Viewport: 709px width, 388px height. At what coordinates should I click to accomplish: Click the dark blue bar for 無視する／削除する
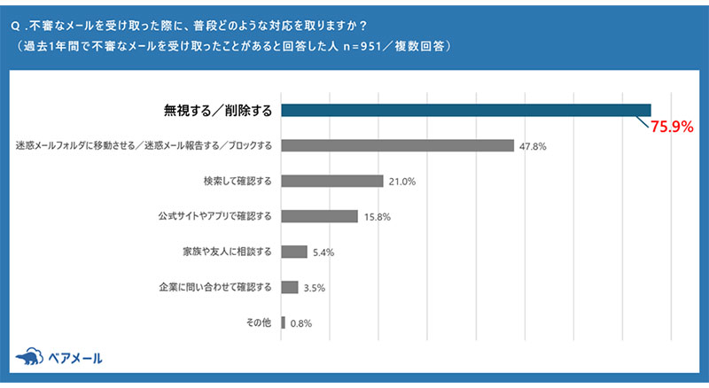point(466,110)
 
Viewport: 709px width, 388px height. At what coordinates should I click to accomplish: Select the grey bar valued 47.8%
point(397,145)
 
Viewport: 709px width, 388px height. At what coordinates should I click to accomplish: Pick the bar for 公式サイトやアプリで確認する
point(319,216)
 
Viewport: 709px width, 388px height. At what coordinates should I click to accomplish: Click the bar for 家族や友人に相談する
point(293,252)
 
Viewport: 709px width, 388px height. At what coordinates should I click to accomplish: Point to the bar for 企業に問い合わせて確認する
point(289,287)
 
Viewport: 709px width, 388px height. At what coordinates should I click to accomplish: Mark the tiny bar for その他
point(283,322)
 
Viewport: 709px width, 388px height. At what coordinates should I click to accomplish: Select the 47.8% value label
point(532,146)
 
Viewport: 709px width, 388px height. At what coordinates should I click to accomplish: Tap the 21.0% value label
point(401,182)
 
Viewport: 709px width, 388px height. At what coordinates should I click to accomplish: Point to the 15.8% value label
point(377,217)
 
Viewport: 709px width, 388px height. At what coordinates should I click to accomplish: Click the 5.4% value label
point(323,252)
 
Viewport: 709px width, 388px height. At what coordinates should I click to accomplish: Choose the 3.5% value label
point(314,288)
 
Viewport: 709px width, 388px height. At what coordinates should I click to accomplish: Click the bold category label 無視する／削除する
point(217,110)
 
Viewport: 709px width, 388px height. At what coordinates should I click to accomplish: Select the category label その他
point(259,322)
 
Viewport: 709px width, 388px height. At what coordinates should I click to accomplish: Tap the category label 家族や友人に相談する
point(226,252)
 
